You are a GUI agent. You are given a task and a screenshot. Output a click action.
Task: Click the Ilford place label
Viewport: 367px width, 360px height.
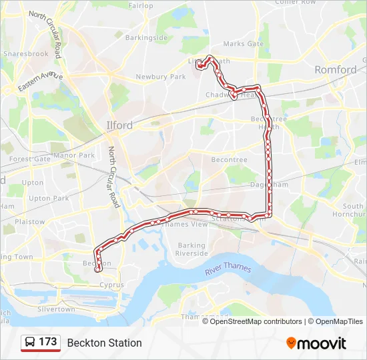point(119,125)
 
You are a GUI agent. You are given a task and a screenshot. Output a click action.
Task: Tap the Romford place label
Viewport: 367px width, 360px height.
point(336,69)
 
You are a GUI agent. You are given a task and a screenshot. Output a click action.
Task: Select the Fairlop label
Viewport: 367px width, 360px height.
point(141,6)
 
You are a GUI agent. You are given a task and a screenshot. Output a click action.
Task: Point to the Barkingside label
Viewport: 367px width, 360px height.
point(146,38)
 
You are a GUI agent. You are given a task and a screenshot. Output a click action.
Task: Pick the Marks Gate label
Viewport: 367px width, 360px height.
point(244,44)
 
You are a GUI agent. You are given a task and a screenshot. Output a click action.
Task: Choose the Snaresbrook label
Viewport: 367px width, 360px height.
point(26,53)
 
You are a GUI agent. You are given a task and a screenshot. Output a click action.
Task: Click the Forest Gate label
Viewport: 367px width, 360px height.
point(30,159)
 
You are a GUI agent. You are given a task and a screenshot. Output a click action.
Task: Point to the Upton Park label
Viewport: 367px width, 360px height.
point(49,198)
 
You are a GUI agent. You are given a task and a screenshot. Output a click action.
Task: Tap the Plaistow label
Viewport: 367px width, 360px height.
point(30,222)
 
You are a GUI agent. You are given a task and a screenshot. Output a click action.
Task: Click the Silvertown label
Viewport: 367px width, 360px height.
point(56,309)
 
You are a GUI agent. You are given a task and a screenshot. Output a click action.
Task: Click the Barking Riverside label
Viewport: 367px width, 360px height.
point(192,249)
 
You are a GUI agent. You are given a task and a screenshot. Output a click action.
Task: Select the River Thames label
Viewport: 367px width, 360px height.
point(228,268)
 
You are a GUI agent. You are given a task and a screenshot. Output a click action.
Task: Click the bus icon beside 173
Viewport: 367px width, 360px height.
point(31,342)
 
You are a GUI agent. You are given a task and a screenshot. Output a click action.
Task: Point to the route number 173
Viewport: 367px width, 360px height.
point(48,342)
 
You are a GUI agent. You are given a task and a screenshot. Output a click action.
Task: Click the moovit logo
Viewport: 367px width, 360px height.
point(316,343)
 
